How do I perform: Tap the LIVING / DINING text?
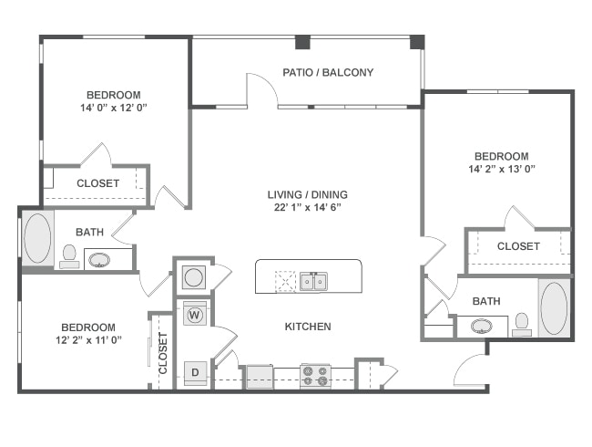307,194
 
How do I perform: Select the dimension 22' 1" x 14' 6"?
308,207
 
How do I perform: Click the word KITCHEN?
308,326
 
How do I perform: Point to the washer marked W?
194,316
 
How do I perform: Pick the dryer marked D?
194,371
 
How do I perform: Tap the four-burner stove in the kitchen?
315,374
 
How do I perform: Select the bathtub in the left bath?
37,239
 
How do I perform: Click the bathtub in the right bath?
554,309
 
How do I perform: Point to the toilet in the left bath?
69,256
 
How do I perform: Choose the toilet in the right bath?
522,324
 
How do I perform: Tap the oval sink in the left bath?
98,260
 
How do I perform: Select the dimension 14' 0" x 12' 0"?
113,108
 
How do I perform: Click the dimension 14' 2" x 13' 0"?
502,169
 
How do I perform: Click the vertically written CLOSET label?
163,352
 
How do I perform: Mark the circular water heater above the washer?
193,276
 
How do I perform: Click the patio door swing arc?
262,89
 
